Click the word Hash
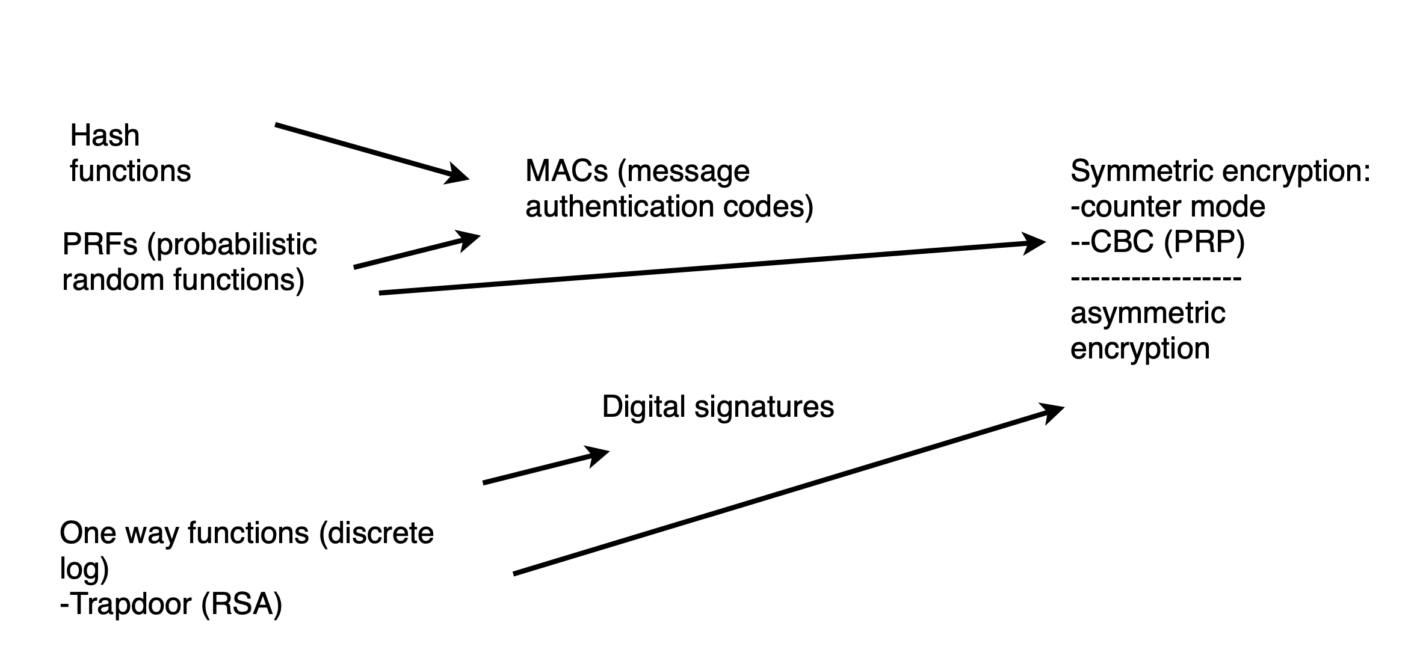coord(105,136)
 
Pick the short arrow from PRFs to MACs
coord(415,251)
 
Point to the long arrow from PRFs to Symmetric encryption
coord(710,268)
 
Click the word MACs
coord(567,171)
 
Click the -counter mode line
coord(1168,207)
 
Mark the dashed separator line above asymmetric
coord(1156,278)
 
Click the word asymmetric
coord(1147,313)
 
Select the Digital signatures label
coord(718,407)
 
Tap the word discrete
coord(376,533)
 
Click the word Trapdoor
coord(129,604)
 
